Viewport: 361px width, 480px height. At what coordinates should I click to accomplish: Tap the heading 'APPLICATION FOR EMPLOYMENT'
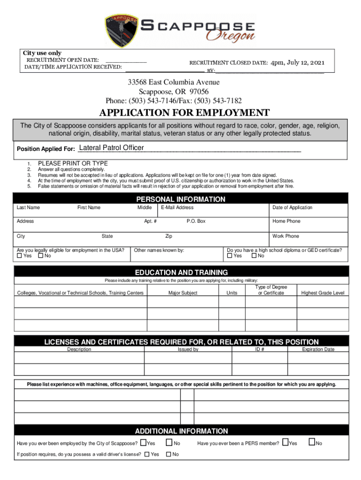click(x=184, y=113)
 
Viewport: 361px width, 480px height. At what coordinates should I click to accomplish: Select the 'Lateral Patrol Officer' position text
click(x=112, y=148)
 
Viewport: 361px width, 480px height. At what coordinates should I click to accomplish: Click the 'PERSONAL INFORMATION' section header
click(x=180, y=199)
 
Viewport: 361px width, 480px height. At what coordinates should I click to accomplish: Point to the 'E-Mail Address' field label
click(x=177, y=208)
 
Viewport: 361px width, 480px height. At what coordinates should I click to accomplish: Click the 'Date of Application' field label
click(x=292, y=208)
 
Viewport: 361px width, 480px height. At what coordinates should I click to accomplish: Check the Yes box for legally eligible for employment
click(x=19, y=256)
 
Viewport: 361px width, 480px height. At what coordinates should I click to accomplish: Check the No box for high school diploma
click(x=254, y=256)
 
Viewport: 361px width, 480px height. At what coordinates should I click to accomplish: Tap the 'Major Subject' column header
click(x=183, y=293)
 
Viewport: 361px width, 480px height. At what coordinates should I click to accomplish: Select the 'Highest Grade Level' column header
click(x=323, y=293)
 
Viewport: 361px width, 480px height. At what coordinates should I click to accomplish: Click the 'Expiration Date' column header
click(x=318, y=349)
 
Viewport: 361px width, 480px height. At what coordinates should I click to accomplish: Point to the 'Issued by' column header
click(x=188, y=349)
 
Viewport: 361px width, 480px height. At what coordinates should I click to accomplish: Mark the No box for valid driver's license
click(x=169, y=454)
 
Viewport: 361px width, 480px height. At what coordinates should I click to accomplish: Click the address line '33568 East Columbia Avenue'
click(x=173, y=82)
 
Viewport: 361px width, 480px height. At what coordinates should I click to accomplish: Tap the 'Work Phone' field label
click(x=286, y=236)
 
